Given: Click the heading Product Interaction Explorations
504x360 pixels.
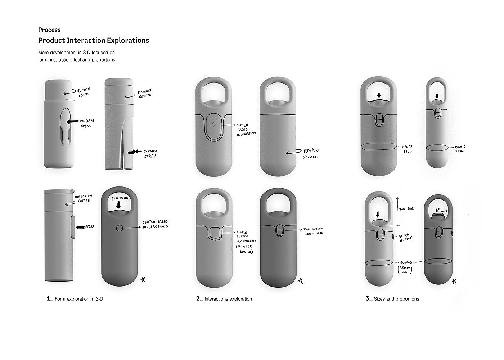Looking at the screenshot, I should click(x=94, y=40).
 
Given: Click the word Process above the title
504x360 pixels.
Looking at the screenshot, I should click(x=49, y=30).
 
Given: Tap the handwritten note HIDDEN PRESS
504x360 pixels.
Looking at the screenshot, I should click(x=85, y=123).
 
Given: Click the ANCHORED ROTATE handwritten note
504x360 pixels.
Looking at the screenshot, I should click(x=145, y=93).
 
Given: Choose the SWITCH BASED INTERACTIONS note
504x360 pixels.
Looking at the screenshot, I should click(x=155, y=225).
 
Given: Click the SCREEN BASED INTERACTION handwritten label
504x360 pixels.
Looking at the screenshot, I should click(x=246, y=129).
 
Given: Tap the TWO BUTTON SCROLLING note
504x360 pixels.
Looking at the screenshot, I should click(x=312, y=231).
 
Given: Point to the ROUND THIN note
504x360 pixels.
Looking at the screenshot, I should click(x=460, y=149).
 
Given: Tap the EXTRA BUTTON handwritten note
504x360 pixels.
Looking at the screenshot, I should click(x=406, y=238).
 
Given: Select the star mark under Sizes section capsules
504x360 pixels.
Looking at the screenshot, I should click(x=454, y=281).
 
